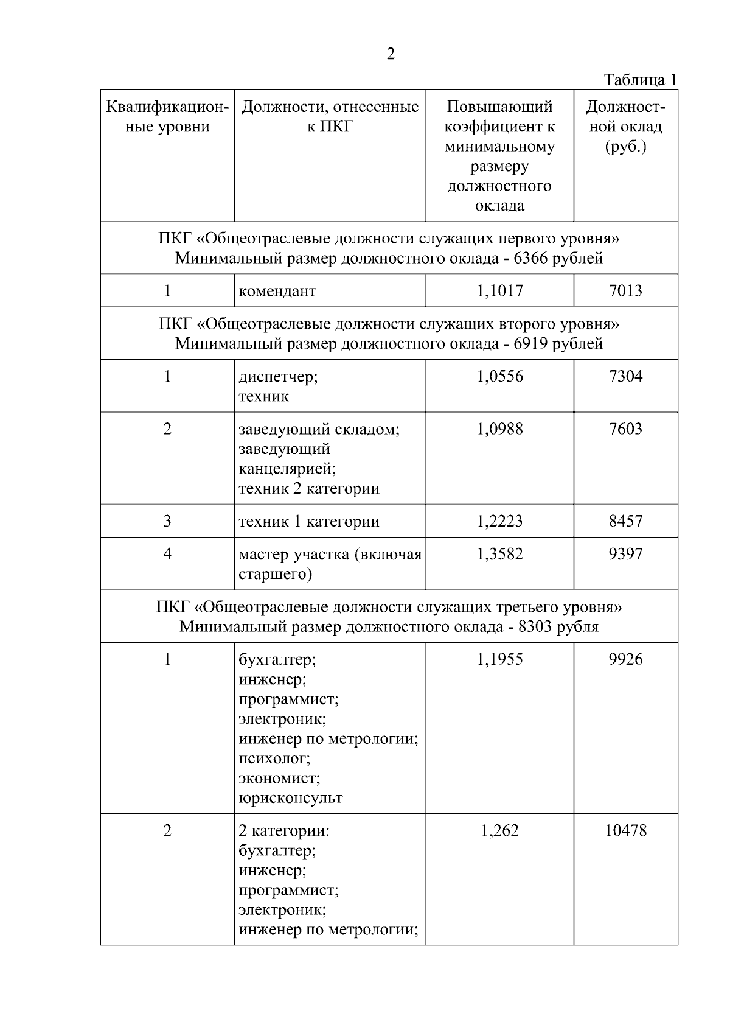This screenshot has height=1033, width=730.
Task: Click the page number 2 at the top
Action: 390,54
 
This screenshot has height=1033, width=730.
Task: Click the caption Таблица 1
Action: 640,80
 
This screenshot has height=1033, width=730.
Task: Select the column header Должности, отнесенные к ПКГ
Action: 330,117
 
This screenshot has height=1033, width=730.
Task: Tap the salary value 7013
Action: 625,290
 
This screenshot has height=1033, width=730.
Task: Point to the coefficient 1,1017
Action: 499,290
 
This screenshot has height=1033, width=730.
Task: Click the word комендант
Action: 277,291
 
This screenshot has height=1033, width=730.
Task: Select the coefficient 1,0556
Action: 499,376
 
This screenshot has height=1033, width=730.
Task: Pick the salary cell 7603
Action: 625,429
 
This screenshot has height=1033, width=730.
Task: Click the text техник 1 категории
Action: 309,521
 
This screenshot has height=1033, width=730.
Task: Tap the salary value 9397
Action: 625,553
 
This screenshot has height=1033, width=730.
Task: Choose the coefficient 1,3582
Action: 499,553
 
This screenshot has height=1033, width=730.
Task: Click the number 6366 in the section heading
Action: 531,258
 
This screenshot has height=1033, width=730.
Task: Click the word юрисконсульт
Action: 291,797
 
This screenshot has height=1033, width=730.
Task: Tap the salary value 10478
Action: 625,830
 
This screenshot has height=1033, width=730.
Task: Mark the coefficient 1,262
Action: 499,830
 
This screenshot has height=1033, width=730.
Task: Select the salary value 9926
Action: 625,659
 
